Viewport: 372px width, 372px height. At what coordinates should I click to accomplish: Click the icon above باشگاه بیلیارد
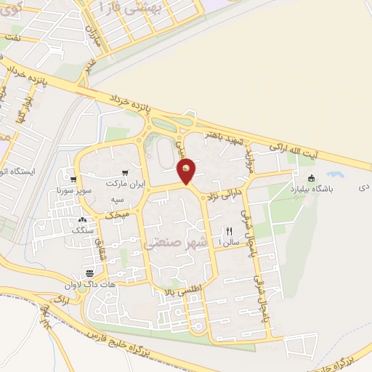pyautogui.click(x=312, y=179)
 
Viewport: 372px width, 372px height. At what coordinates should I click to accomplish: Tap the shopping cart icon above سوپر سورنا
pyautogui.click(x=73, y=179)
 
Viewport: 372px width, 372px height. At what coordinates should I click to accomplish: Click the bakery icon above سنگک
pyautogui.click(x=82, y=219)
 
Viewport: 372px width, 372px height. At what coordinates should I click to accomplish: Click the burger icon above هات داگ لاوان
pyautogui.click(x=89, y=272)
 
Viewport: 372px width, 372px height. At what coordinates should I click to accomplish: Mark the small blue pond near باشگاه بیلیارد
pyautogui.click(x=335, y=174)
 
